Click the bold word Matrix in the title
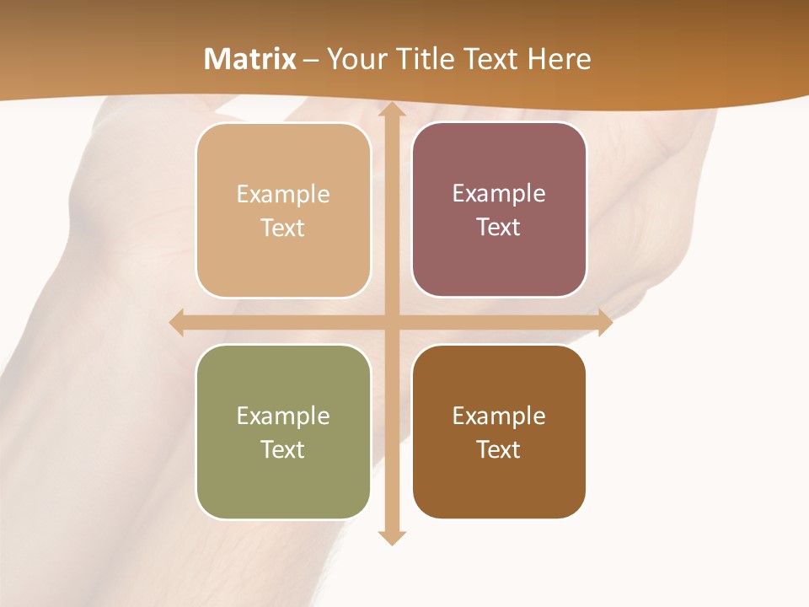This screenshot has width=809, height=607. pyautogui.click(x=250, y=59)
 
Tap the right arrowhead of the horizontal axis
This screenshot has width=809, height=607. pyautogui.click(x=604, y=322)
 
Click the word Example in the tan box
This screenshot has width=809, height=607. pyautogui.click(x=283, y=195)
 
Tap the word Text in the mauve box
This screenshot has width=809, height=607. pyautogui.click(x=499, y=228)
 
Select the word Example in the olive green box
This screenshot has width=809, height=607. pyautogui.click(x=283, y=416)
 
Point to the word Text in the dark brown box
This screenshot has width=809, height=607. pyautogui.click(x=499, y=449)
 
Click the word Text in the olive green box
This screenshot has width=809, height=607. pyautogui.click(x=283, y=449)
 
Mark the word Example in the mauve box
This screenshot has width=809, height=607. pyautogui.click(x=499, y=194)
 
